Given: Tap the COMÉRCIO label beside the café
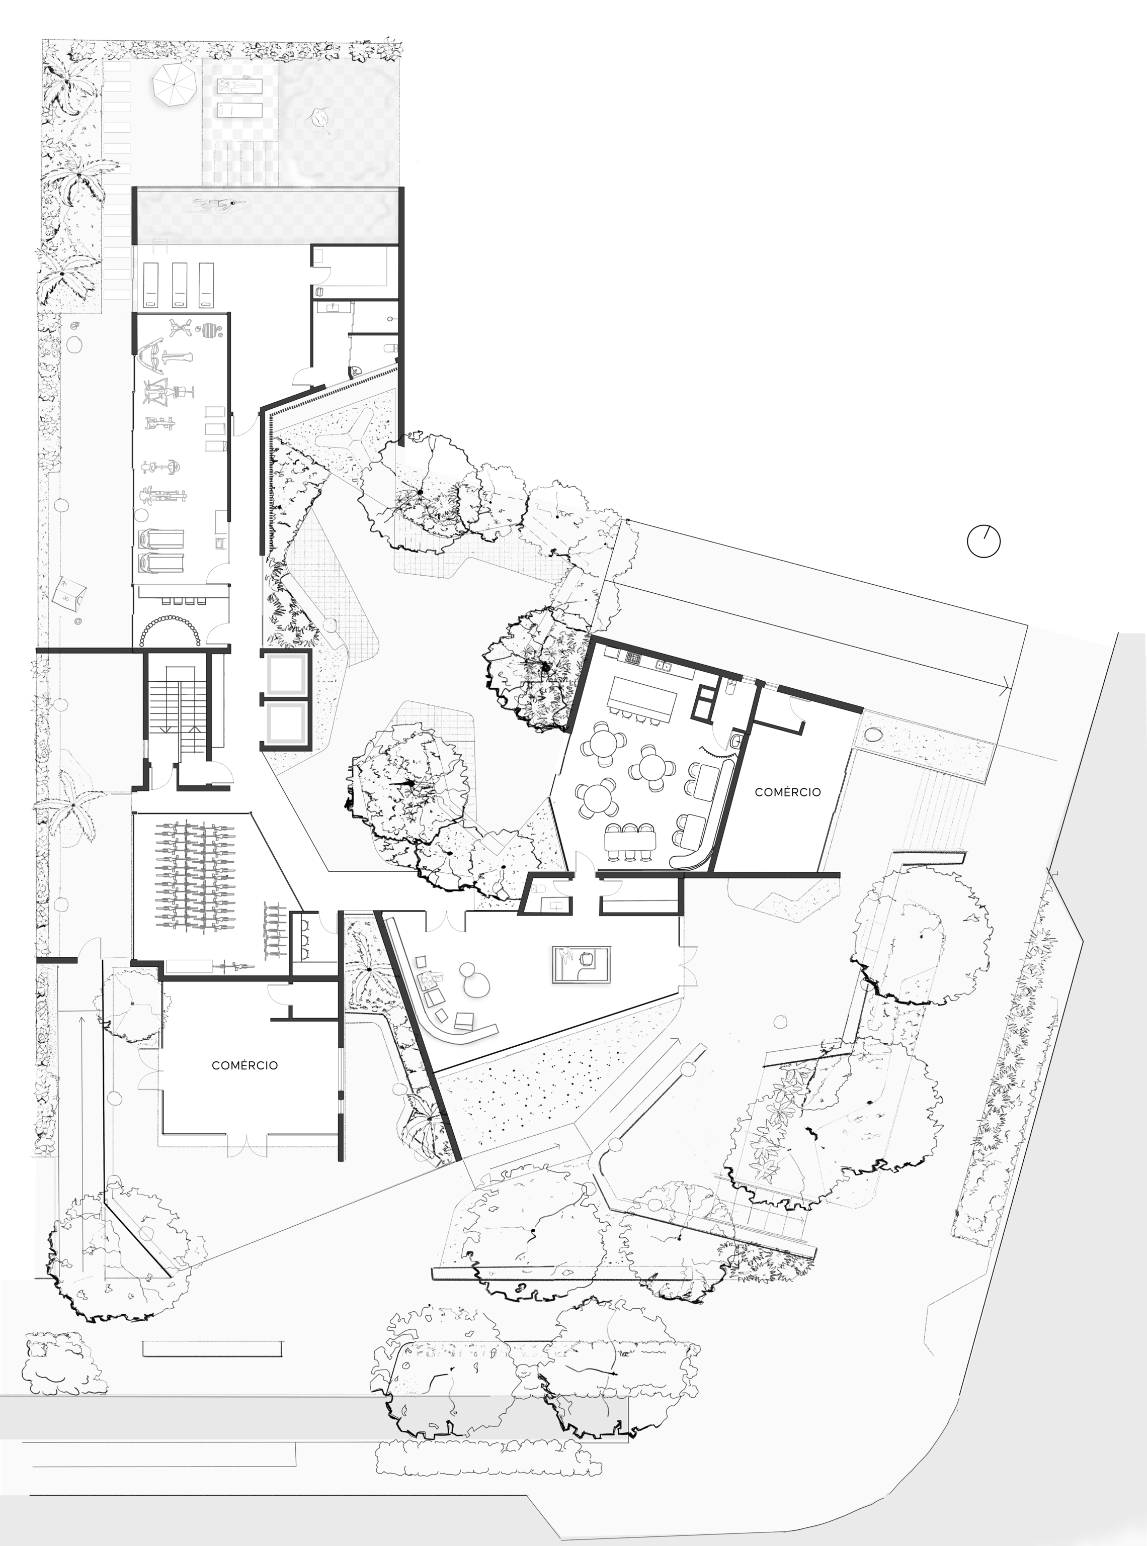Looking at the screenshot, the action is [787, 792].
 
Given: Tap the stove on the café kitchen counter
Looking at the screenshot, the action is [633, 657].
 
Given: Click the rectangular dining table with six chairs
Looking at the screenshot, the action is [632, 842].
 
